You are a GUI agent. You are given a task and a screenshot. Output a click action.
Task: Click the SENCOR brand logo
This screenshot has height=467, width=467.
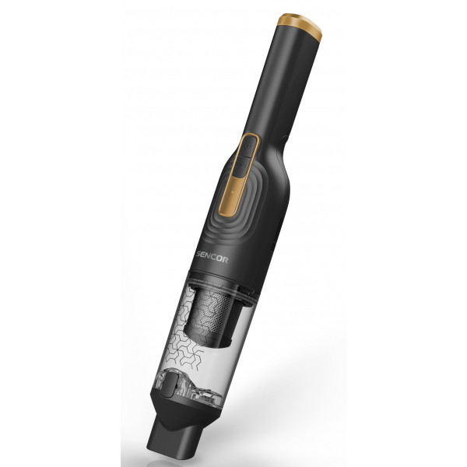pyautogui.click(x=212, y=258)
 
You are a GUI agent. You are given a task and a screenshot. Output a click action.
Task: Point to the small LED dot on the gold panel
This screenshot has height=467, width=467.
pyautogui.click(x=233, y=191)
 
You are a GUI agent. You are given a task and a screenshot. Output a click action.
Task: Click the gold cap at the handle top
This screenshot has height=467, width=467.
pyautogui.click(x=300, y=26)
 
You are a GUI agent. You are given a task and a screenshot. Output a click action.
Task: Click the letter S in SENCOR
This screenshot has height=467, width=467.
pyautogui.click(x=199, y=255)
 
